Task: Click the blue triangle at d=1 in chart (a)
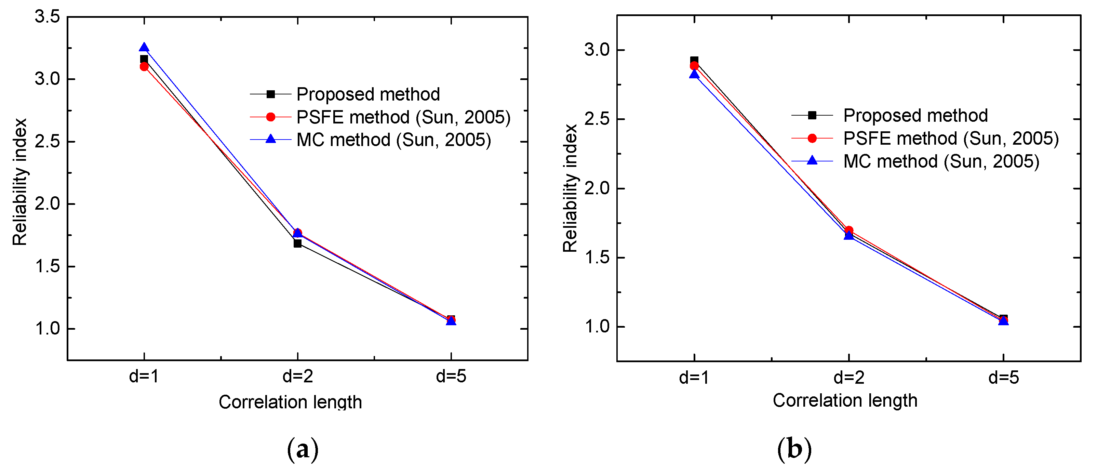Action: [x=144, y=47]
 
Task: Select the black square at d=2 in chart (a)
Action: [x=297, y=244]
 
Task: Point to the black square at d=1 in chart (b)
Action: [x=694, y=61]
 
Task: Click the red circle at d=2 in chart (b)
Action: [x=849, y=230]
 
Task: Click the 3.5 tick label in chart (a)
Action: [x=47, y=17]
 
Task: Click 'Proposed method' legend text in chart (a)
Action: [x=368, y=94]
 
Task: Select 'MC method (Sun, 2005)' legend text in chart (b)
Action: [x=941, y=161]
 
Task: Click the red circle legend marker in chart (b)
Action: [x=812, y=139]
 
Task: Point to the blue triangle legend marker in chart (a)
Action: [x=270, y=139]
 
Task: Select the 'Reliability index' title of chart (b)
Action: [x=570, y=188]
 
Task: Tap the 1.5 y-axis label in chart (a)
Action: [x=47, y=266]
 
